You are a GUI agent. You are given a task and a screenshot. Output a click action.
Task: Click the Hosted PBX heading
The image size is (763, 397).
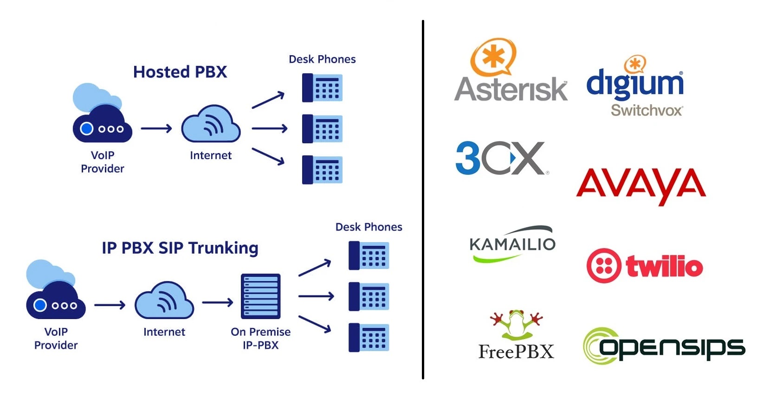point(180,72)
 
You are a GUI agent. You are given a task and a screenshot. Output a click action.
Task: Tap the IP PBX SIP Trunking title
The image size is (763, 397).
point(180,248)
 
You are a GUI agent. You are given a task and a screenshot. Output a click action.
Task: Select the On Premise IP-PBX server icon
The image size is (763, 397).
point(260,296)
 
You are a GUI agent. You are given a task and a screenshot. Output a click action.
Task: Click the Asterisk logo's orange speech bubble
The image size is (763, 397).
point(493,56)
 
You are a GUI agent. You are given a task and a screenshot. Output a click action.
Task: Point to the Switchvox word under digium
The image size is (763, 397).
point(647,110)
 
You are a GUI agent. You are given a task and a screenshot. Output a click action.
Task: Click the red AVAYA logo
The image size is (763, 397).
point(640,185)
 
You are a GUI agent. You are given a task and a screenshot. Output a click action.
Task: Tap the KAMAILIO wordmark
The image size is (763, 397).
point(512,244)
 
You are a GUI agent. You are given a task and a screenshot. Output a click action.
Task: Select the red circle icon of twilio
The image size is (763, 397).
point(603,266)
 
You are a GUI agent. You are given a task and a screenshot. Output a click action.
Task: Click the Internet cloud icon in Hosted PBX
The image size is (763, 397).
point(211,124)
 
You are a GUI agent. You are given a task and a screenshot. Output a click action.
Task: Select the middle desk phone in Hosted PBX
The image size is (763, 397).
point(322,128)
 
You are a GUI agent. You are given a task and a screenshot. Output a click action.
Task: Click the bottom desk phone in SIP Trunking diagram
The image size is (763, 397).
point(369,337)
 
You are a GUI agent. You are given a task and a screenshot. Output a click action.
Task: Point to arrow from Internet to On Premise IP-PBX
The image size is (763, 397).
point(217,303)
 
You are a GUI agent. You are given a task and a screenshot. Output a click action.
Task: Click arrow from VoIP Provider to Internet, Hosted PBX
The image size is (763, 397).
point(156,128)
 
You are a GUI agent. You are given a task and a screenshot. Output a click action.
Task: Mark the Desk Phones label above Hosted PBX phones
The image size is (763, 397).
point(322,59)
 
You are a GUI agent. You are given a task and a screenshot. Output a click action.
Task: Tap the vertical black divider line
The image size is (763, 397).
point(423,199)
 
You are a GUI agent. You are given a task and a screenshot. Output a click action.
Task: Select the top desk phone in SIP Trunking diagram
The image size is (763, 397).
point(369,255)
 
